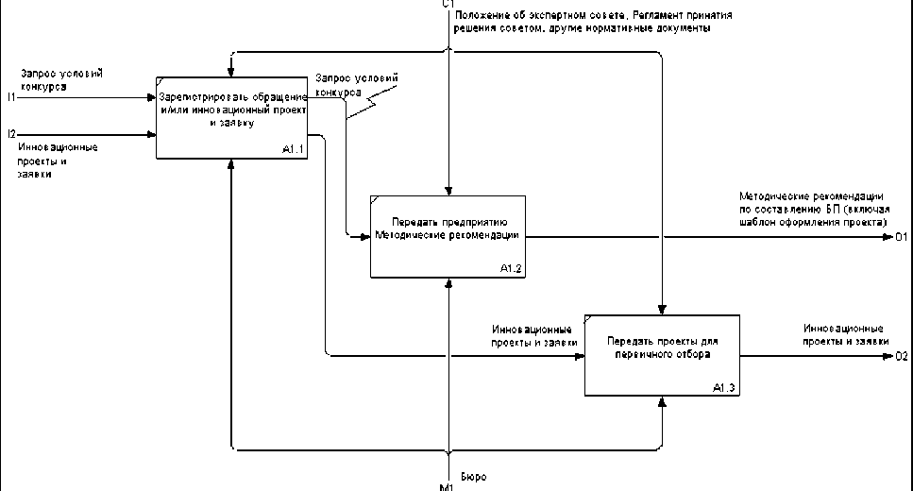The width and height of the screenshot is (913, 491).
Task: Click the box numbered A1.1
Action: (231, 118)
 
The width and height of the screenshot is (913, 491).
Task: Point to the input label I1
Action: (10, 96)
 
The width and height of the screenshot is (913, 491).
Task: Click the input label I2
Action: (10, 135)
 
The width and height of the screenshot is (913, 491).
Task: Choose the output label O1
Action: (901, 236)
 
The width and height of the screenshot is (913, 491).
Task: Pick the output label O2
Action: (901, 357)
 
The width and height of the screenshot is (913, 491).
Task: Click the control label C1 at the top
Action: (448, 5)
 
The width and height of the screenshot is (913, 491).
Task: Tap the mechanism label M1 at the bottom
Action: (447, 485)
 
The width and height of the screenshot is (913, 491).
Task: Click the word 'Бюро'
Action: (473, 477)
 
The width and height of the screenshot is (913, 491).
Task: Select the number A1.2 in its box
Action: (511, 269)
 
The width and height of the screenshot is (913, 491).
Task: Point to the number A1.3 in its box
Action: (725, 388)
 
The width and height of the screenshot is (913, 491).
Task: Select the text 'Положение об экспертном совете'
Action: (530, 15)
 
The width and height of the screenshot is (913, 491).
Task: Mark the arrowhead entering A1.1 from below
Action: (231, 164)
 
